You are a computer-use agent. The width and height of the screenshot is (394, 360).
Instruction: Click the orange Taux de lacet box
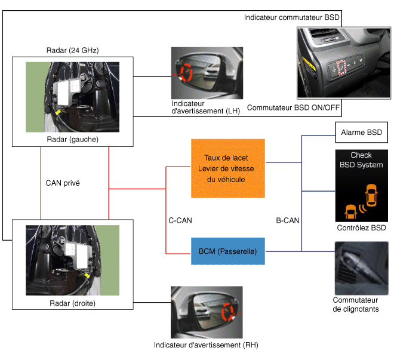tap(227, 168)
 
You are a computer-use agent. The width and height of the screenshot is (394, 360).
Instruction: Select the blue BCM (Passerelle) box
tap(227, 252)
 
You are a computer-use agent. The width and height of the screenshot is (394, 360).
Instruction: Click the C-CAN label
tap(180, 220)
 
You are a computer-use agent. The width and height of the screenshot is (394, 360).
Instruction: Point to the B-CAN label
tap(287, 220)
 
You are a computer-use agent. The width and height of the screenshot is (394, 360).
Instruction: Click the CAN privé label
tap(63, 183)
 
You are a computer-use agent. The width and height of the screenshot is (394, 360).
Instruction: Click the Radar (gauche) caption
tap(72, 139)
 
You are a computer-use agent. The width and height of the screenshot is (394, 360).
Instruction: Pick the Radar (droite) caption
tap(72, 303)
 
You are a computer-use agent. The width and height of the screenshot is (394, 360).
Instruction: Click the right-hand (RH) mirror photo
tap(206, 312)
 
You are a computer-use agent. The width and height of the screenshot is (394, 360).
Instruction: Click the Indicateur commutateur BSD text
tap(291, 17)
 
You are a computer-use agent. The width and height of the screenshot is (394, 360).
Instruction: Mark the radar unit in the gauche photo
tap(69, 93)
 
